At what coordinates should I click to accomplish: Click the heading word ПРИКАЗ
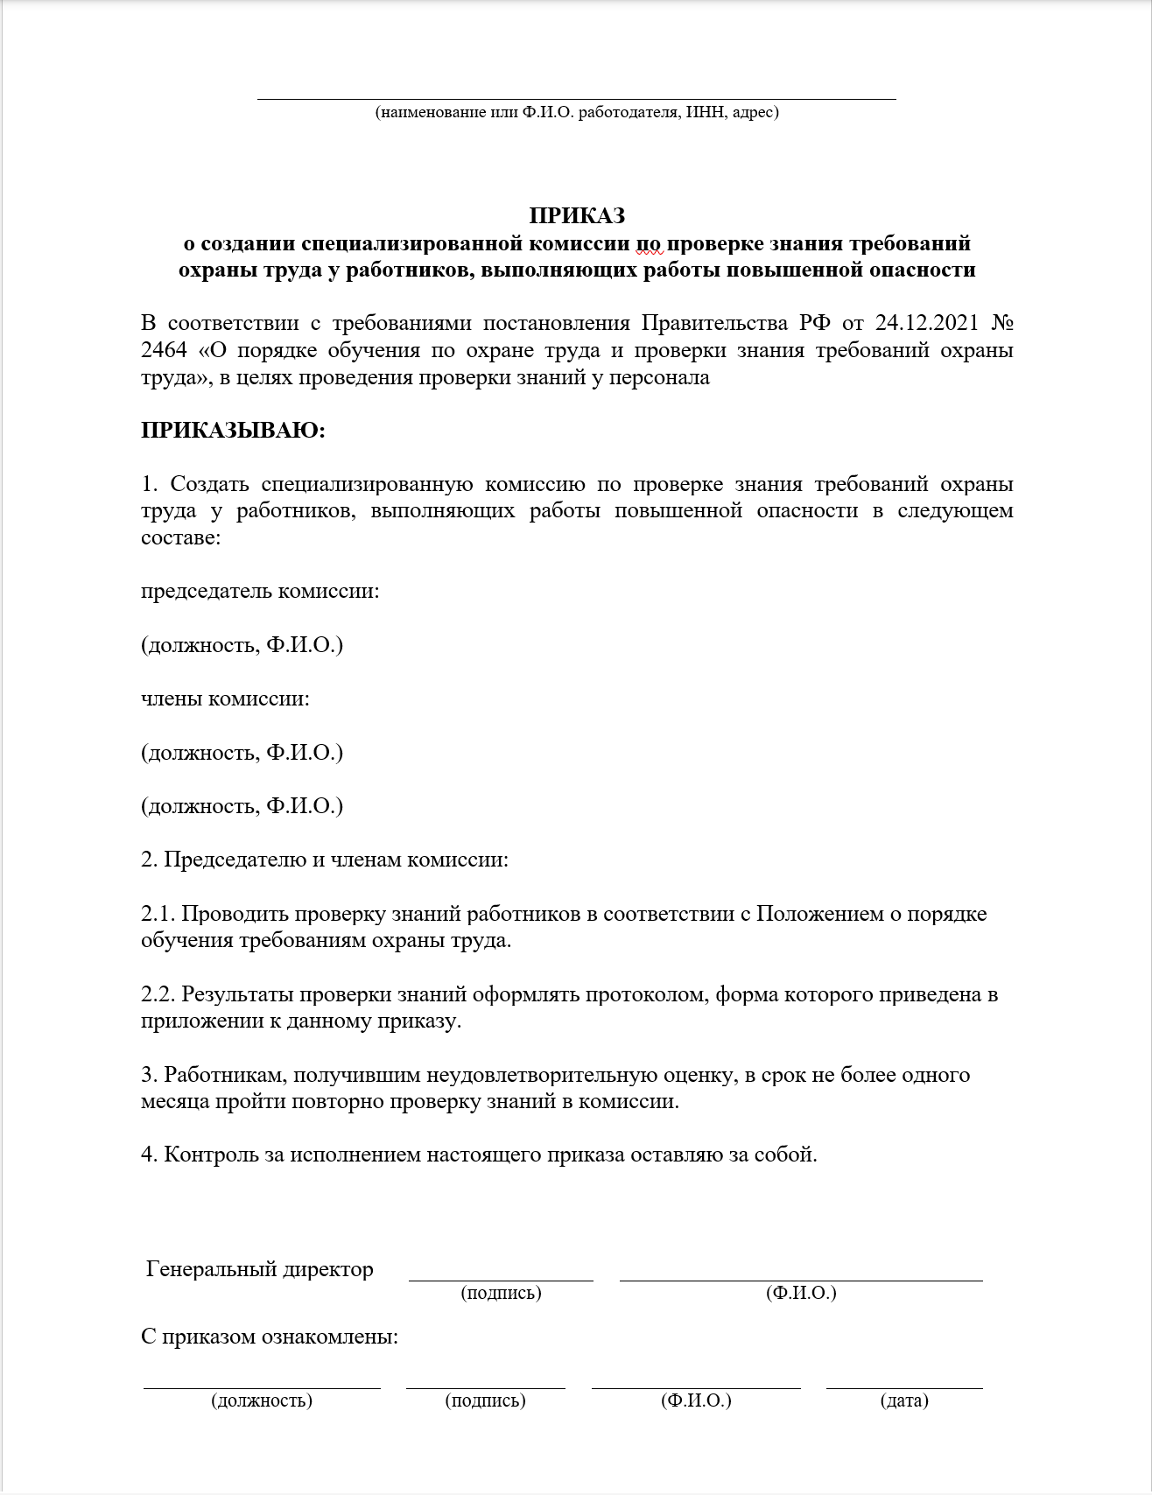click(577, 215)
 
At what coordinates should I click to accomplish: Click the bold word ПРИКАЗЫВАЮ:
click(233, 431)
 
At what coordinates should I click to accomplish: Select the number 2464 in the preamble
click(164, 350)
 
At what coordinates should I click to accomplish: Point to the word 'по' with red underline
click(650, 242)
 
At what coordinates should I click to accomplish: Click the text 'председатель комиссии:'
click(260, 591)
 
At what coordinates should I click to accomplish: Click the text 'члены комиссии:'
click(225, 698)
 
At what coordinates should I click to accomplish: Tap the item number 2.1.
click(158, 914)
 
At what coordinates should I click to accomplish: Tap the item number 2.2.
click(158, 994)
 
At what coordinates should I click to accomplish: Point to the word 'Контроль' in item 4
click(210, 1155)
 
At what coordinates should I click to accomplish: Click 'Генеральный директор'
click(260, 1269)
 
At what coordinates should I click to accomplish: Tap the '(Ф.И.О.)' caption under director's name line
click(800, 1293)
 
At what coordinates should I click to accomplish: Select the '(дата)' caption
click(903, 1400)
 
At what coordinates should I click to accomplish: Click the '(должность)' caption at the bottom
click(261, 1400)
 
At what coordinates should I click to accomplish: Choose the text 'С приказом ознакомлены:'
click(270, 1337)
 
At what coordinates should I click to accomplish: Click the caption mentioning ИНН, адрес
click(577, 112)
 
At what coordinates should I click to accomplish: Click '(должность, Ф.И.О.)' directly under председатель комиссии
click(242, 645)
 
